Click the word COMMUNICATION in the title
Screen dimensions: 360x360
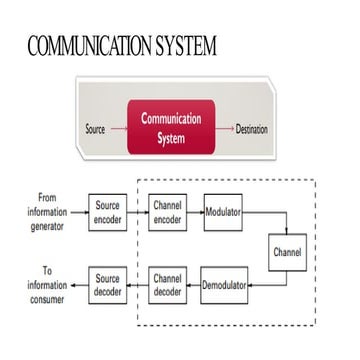coord(83,46)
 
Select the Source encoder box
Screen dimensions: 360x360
coord(108,213)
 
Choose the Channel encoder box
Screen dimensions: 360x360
coord(166,213)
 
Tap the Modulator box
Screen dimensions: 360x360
coord(223,213)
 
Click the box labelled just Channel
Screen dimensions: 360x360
coord(287,252)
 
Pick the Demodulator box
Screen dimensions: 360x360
coord(224,285)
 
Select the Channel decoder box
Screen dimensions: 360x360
coord(166,285)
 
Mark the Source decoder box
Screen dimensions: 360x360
coord(108,285)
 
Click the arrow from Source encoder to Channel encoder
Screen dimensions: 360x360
coord(138,213)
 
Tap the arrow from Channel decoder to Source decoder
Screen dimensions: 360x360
coord(138,285)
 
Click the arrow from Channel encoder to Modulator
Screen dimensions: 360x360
coord(195,213)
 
